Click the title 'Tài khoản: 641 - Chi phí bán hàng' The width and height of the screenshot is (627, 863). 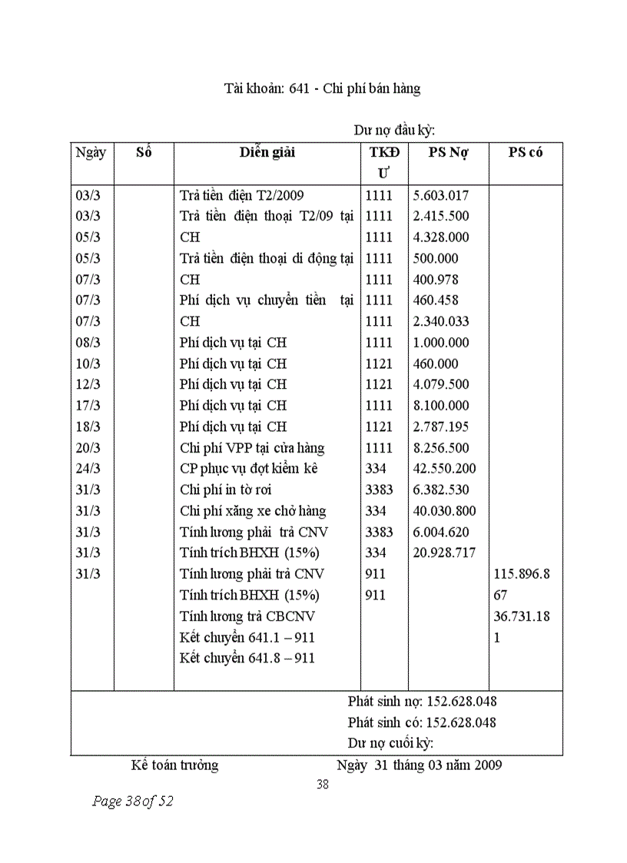[x=322, y=88]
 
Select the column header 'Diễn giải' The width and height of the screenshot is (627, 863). [x=267, y=152]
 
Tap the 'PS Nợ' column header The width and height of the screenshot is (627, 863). [x=448, y=152]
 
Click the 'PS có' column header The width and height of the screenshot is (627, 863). [x=526, y=152]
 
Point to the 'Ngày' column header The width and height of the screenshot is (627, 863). [x=91, y=152]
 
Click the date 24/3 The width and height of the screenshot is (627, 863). [x=88, y=469]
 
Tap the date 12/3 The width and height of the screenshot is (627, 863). [x=88, y=384]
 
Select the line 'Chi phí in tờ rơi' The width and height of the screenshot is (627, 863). [x=225, y=490]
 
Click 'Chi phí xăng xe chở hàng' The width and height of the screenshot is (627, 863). [x=253, y=511]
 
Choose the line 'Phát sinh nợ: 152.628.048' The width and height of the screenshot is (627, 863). [x=422, y=701]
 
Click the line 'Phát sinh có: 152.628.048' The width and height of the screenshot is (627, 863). [x=422, y=722]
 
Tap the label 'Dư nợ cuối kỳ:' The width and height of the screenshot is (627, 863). [x=390, y=743]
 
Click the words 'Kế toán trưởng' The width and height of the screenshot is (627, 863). [x=174, y=765]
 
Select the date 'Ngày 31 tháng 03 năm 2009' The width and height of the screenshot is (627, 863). [x=419, y=765]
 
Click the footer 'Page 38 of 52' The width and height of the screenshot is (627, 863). [x=132, y=802]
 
